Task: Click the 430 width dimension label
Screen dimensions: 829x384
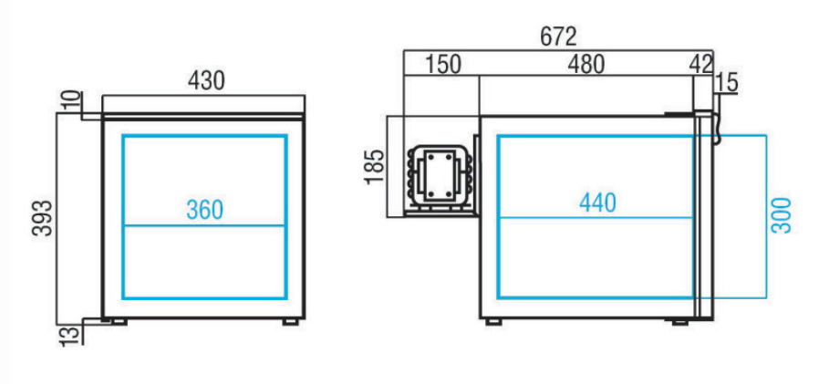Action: (206, 81)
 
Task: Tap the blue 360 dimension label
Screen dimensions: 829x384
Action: (204, 210)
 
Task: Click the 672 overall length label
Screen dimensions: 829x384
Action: (558, 37)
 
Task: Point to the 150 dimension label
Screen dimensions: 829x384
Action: (443, 65)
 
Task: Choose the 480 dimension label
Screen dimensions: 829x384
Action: (585, 65)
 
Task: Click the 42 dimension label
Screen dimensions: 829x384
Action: (701, 65)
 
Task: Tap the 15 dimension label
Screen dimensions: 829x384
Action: (728, 83)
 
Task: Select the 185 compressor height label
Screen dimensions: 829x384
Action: (375, 167)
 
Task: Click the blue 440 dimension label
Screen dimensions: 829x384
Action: (597, 203)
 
